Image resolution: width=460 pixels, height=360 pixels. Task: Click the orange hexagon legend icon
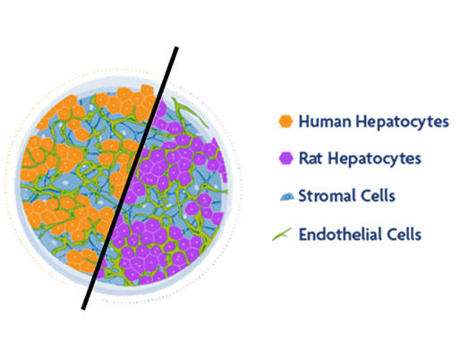pos(285,121)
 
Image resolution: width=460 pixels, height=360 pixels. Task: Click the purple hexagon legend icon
pos(285,158)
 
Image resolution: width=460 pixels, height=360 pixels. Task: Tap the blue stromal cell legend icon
pos(287,196)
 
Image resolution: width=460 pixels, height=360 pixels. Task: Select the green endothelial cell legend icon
pos(282,235)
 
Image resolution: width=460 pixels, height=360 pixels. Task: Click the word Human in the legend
pos(325,122)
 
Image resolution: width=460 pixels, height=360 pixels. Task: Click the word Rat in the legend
pos(311,159)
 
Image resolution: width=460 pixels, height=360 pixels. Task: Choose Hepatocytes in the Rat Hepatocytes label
pos(375,159)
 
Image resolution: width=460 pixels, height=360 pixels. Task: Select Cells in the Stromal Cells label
pos(378,196)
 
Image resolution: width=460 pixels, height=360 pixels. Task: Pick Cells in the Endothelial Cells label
pos(405,234)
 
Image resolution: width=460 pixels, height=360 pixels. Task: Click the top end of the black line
pos(176,47)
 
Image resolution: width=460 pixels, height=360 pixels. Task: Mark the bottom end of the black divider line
pos(83,309)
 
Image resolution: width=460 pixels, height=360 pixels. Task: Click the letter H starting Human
pos(304,122)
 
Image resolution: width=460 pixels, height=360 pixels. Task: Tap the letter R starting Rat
pos(303,159)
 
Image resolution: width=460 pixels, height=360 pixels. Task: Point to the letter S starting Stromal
pos(303,196)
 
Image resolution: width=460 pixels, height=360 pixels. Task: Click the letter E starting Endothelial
pos(303,234)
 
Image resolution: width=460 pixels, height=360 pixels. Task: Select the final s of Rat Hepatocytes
pos(417,160)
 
